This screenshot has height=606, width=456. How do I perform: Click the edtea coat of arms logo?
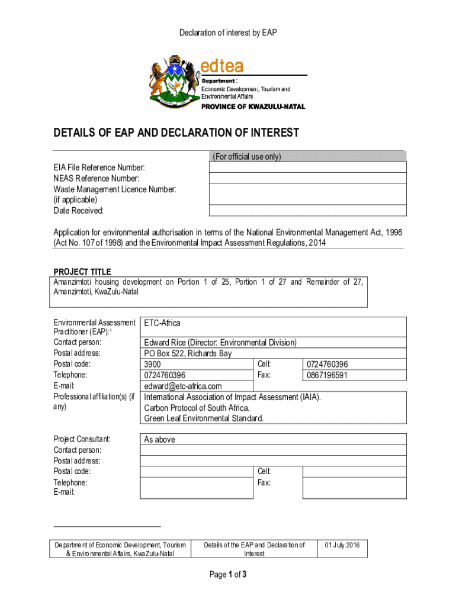pos(174,83)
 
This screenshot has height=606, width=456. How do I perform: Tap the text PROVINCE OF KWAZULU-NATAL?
pos(253,107)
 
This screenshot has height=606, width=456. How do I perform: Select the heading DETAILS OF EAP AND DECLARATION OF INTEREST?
pos(176,133)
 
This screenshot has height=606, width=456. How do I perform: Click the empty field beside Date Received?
pos(307,211)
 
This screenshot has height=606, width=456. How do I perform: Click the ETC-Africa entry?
pos(162,323)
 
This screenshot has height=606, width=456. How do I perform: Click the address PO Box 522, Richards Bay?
pos(188,353)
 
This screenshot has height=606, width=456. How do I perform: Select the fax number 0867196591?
pos(326,375)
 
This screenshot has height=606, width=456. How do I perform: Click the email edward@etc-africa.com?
pos(183,386)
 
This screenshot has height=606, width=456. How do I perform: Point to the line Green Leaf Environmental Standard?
pos(204,418)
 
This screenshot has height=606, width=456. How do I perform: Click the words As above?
pos(160,440)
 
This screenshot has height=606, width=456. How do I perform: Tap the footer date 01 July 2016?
pos(342,544)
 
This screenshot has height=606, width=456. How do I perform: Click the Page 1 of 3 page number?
pos(228,574)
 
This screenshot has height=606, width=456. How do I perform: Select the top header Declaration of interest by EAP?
pos(228,33)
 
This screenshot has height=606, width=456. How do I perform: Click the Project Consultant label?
pos(82,439)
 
